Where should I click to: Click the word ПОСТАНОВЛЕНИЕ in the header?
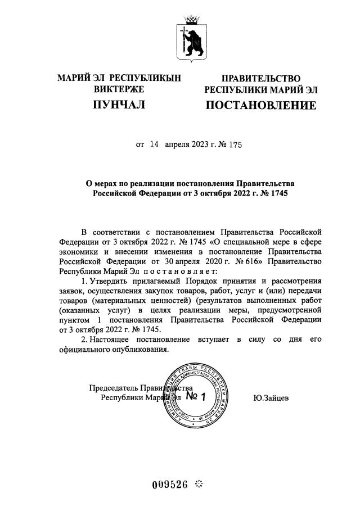click(260, 105)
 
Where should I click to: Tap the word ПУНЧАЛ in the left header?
click(119, 105)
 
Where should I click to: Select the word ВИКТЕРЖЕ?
click(119, 89)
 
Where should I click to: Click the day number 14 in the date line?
click(154, 144)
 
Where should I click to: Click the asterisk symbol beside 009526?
click(199, 485)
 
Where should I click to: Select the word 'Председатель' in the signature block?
click(114, 388)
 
